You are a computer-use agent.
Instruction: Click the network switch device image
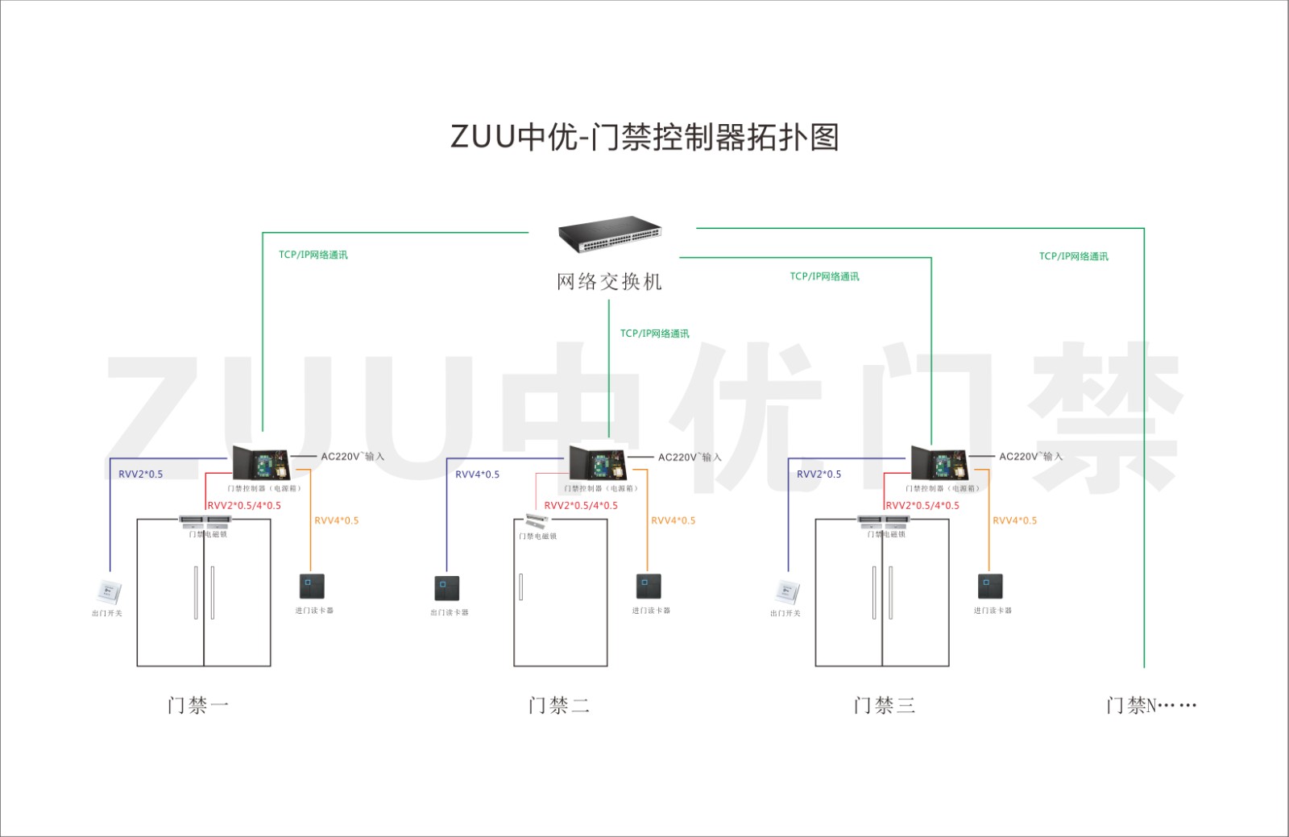[x=610, y=234]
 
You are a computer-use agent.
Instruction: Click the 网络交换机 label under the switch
[x=609, y=282]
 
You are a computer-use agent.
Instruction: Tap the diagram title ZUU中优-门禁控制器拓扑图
[x=644, y=137]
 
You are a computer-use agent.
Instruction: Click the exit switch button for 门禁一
[x=108, y=592]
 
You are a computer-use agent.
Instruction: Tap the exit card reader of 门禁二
[x=447, y=588]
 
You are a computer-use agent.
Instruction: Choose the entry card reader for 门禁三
[x=990, y=586]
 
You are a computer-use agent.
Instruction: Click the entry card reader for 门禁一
[x=312, y=586]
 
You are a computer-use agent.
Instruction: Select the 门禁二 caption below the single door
[x=559, y=706]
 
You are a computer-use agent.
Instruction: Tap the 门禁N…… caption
[x=1150, y=706]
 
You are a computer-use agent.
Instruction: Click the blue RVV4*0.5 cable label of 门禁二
[x=477, y=474]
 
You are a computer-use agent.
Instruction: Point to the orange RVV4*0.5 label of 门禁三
[x=1014, y=520]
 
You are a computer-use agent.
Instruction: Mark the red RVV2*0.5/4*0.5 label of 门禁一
[x=244, y=506]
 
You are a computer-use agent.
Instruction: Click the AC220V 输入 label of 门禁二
[x=690, y=457]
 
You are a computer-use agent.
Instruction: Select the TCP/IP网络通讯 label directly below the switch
[x=654, y=334]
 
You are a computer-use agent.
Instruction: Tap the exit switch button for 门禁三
[x=787, y=592]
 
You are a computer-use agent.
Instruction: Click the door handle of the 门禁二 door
[x=520, y=586]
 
